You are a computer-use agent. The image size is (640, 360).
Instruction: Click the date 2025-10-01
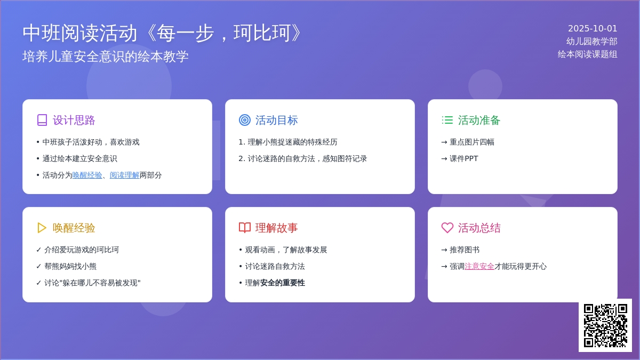coord(593,29)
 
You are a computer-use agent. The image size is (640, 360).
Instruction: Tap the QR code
coord(605,325)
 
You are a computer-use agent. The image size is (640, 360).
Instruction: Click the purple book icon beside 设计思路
coord(42,120)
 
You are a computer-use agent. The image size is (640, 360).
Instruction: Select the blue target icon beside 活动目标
coord(245,120)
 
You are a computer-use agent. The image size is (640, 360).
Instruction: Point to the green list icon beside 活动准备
coord(447,120)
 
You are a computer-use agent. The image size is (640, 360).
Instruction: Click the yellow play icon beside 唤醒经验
coord(42,228)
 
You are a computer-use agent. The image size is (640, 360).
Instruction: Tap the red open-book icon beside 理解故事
coord(245,228)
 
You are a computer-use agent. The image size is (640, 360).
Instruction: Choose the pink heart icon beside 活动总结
coord(447,228)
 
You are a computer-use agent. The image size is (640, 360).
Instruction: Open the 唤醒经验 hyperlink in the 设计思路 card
coord(87,175)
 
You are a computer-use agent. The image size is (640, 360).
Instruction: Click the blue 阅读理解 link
coord(125,175)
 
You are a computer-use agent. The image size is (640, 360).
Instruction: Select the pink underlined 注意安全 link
coord(479,266)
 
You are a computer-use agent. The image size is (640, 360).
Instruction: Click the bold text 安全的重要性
coord(282,283)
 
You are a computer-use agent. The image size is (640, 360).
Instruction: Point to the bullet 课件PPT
coord(463,158)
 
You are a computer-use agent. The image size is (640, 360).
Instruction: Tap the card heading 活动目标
coord(276,121)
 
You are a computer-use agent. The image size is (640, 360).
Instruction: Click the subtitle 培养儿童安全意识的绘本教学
coord(106,57)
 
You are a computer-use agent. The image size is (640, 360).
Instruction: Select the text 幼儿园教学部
coord(591,42)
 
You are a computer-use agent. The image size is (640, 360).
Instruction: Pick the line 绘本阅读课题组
coord(587,54)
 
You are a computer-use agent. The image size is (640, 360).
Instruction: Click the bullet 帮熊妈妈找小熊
coord(70,266)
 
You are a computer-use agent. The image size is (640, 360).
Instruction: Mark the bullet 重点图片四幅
coord(471,142)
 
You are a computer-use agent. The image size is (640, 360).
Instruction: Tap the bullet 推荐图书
coord(465,250)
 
